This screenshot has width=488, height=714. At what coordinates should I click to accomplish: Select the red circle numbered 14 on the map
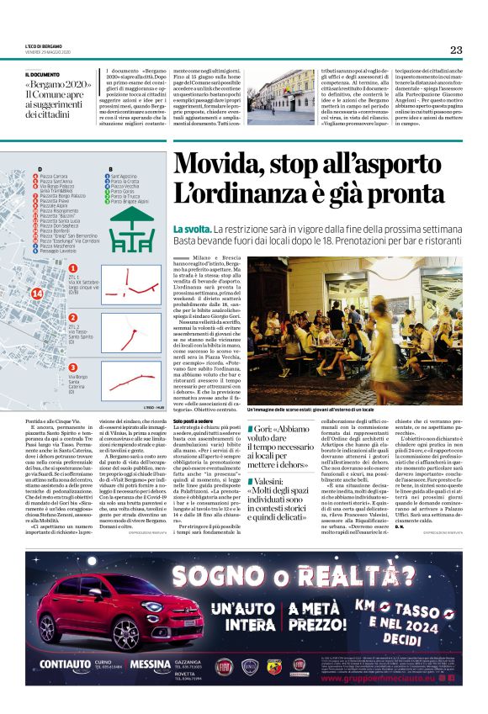(x=36, y=293)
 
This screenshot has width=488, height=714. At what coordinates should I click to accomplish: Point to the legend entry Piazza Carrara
(x=56, y=176)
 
